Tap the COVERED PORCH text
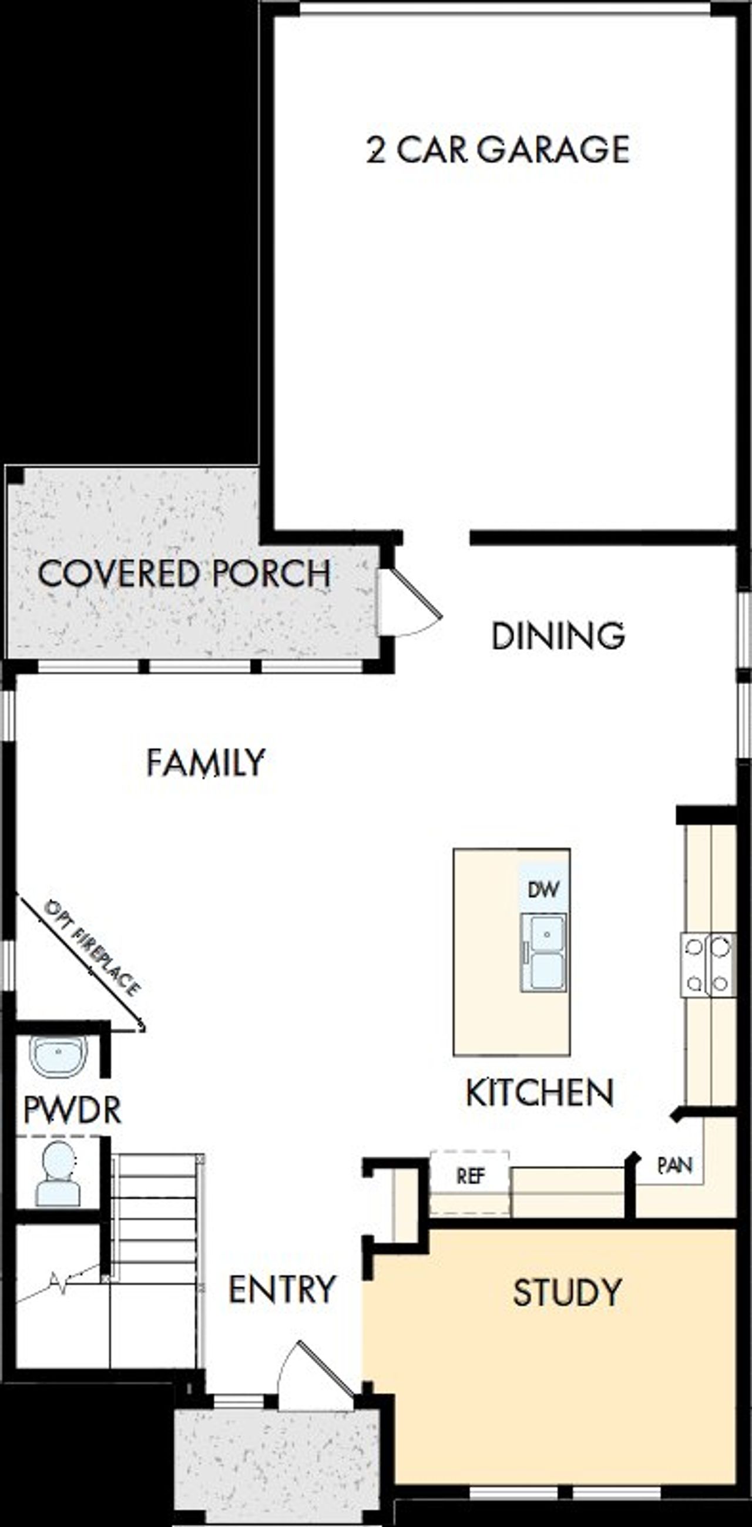(x=184, y=573)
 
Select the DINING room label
(x=558, y=636)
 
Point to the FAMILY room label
(x=205, y=762)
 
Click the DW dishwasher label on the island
(x=543, y=889)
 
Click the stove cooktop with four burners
(x=707, y=965)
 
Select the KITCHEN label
(x=539, y=1093)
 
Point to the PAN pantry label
(x=675, y=1166)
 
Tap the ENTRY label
(x=282, y=1290)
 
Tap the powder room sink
(x=58, y=1056)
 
